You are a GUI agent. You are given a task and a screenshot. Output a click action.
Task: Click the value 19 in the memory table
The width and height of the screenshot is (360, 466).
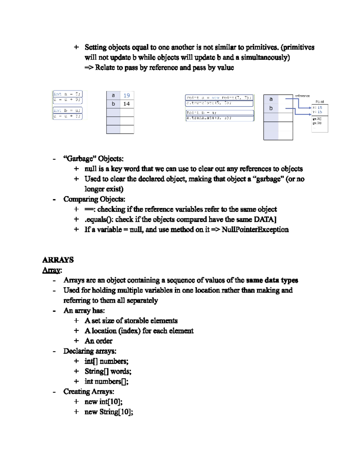tap(127, 95)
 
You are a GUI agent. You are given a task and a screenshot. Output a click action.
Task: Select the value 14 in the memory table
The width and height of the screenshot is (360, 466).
tap(127, 104)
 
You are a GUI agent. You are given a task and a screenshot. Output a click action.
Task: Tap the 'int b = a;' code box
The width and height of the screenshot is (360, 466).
tap(67, 110)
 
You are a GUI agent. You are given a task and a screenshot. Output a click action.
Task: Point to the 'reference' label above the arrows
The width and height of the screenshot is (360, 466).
tap(302, 96)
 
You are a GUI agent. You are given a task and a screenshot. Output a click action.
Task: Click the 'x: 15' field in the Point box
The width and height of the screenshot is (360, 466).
tap(317, 107)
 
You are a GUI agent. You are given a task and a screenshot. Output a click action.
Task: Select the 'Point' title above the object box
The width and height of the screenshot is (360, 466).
tap(320, 102)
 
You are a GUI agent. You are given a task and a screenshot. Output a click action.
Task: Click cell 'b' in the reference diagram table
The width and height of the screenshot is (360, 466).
tap(271, 108)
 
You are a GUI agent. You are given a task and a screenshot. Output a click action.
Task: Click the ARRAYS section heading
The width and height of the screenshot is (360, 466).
tap(58, 260)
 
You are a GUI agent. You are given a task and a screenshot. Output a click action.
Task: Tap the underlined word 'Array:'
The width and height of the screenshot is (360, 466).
tap(52, 270)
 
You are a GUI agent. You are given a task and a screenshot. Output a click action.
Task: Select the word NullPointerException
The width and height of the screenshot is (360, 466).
tap(255, 230)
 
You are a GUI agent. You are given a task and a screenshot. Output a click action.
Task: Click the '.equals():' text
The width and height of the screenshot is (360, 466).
tap(99, 219)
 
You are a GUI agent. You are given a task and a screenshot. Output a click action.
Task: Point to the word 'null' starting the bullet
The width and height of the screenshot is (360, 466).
tap(90, 169)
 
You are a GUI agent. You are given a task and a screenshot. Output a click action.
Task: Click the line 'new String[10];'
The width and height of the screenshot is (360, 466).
tap(109, 412)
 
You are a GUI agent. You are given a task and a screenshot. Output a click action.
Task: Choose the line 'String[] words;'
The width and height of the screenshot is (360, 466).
tap(108, 371)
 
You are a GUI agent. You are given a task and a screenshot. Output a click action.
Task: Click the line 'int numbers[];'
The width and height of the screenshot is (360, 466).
tap(106, 381)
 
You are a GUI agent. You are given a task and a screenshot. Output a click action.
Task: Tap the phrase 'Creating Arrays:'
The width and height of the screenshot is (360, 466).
tap(89, 392)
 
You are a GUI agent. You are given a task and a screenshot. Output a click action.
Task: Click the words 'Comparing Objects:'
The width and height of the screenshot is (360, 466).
tap(94, 199)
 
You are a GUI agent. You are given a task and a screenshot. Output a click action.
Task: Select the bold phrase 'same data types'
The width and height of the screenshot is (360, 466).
tap(272, 280)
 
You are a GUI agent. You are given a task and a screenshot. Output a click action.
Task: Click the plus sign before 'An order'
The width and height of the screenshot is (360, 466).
tap(76, 341)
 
